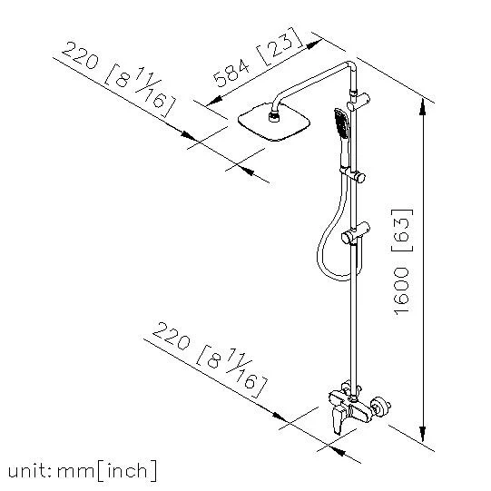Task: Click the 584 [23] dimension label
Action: (x=258, y=57)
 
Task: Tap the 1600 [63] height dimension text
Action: (x=402, y=261)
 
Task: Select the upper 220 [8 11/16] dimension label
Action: (x=118, y=79)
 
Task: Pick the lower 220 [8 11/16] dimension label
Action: (x=210, y=359)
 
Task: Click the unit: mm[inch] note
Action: (x=83, y=471)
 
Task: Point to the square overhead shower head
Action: (x=274, y=123)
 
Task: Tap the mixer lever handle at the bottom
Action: (x=339, y=419)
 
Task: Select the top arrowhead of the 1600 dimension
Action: (x=422, y=107)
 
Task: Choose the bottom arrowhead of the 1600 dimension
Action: (x=422, y=433)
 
